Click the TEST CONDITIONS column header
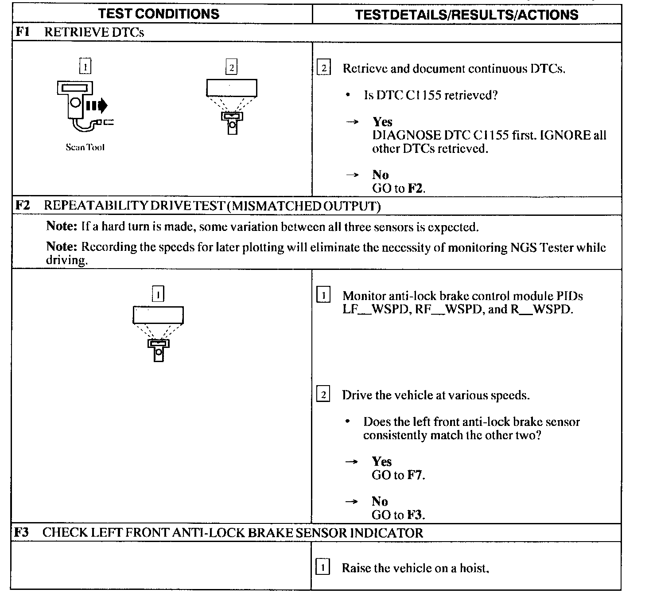tap(159, 14)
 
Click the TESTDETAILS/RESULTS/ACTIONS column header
tap(466, 15)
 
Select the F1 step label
tap(22, 32)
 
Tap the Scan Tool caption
tap(85, 148)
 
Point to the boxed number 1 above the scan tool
tap(85, 67)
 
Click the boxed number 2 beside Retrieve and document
tap(324, 69)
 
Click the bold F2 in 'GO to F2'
tap(415, 188)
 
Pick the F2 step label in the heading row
tap(22, 206)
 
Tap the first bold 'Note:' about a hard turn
tap(62, 226)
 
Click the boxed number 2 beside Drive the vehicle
tap(323, 394)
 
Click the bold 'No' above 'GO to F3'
tap(380, 501)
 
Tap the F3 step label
tap(22, 532)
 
